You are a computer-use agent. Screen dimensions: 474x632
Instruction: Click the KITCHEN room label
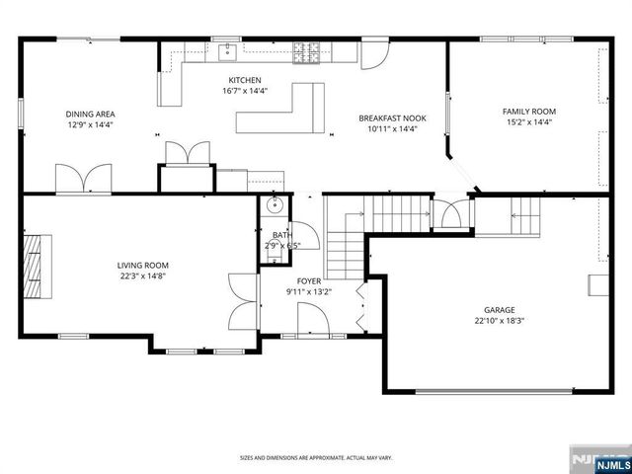click(245, 80)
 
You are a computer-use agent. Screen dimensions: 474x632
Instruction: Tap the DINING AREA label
click(91, 115)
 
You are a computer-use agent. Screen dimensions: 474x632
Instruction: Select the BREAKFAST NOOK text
click(393, 118)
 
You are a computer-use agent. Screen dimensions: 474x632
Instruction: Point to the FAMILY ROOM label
click(529, 112)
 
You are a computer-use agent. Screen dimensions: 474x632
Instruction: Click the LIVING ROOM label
click(142, 265)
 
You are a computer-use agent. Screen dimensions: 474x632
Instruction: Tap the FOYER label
click(309, 281)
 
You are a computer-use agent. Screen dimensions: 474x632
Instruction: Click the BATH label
click(281, 235)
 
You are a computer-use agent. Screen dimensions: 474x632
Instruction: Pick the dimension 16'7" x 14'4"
click(245, 91)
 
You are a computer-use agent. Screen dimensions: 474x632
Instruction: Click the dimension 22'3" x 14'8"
click(142, 276)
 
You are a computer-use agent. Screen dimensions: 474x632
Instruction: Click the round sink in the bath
click(275, 207)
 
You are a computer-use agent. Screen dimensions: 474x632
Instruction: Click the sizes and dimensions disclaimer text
click(316, 458)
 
